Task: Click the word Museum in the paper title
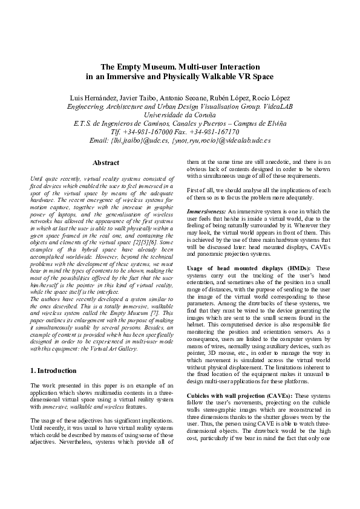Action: (152, 66)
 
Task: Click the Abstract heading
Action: (105, 163)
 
